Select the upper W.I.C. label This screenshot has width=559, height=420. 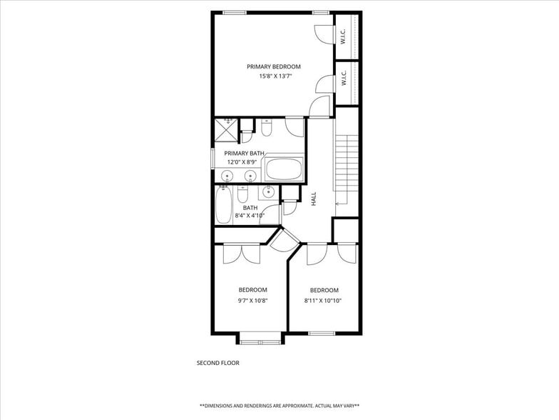pos(343,36)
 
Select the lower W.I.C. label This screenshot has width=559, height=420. pos(343,79)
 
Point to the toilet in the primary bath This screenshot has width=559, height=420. pos(267,129)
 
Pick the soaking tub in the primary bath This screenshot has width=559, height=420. pos(284,171)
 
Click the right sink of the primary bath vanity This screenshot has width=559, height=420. pos(250,175)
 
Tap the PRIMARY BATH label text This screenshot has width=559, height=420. pos(245,154)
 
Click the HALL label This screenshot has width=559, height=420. pos(314,199)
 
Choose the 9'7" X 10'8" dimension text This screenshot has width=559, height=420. pos(252,300)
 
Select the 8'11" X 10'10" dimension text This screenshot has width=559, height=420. pos(324,301)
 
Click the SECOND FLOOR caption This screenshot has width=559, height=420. pos(217,363)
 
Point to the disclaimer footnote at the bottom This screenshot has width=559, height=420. pos(279,405)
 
